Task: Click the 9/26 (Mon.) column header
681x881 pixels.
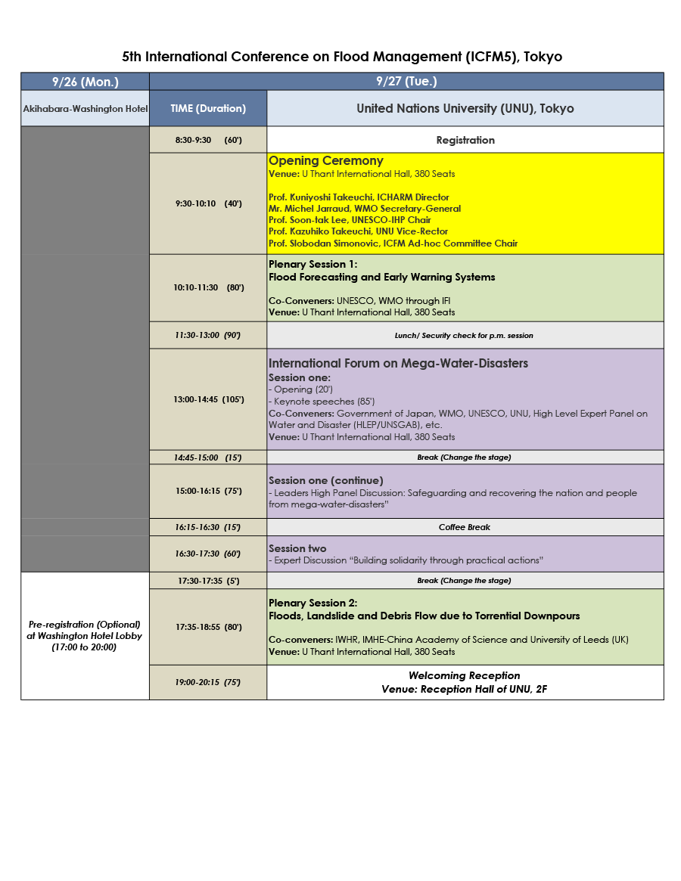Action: coord(85,82)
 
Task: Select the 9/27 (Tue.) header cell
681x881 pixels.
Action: coord(406,82)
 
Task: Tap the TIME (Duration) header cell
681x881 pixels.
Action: coord(208,108)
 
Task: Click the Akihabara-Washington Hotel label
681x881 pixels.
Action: coord(86,109)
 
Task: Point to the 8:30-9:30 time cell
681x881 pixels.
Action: coord(208,140)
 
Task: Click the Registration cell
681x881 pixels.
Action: coord(465,140)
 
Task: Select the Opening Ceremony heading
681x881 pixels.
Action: coord(326,161)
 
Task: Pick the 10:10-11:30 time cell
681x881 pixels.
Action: coord(208,287)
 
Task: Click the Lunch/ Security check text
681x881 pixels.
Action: coord(465,335)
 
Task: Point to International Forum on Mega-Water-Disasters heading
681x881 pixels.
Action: coord(398,364)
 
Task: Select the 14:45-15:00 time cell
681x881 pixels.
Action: coord(208,458)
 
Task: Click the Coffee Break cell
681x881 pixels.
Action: coord(465,527)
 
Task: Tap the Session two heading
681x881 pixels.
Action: coord(297,548)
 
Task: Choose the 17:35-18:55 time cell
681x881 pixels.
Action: coord(208,627)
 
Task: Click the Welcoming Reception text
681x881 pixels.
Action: coord(465,675)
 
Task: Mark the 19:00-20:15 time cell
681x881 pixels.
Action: coord(208,682)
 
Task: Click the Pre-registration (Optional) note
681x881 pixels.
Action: coord(85,625)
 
